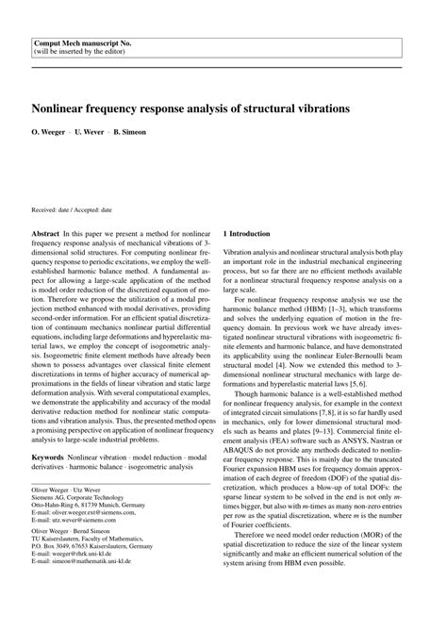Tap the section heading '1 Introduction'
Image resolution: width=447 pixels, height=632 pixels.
point(246,233)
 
